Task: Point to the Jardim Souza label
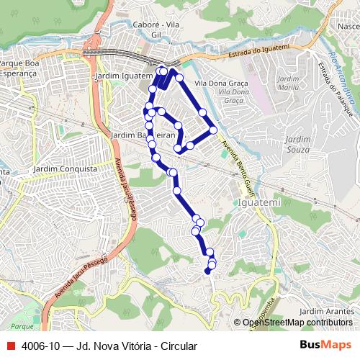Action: pyautogui.click(x=297, y=144)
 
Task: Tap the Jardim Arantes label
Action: pyautogui.click(x=323, y=310)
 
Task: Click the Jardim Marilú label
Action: pyautogui.click(x=288, y=83)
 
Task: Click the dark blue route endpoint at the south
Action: pyautogui.click(x=207, y=271)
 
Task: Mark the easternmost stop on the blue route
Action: pyautogui.click(x=213, y=130)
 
